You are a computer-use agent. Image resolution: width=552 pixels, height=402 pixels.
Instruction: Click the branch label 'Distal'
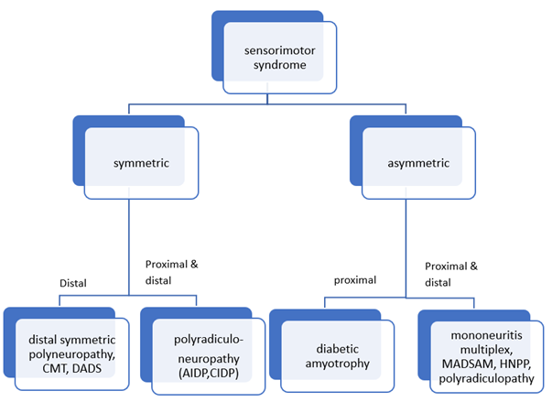(71, 283)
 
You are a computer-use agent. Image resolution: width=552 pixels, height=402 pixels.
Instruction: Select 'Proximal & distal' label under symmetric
(171, 273)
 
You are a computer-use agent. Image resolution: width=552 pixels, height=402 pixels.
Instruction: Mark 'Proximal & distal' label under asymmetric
(452, 274)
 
